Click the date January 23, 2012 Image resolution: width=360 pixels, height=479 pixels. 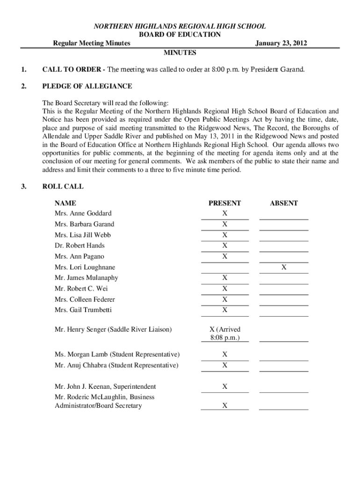coord(281,44)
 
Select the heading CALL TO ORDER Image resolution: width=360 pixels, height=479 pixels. coord(70,70)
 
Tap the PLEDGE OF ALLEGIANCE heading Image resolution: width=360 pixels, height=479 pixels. coord(87,87)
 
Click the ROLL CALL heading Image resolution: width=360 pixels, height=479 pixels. coord(63,187)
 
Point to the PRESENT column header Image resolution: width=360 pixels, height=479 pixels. coord(224,203)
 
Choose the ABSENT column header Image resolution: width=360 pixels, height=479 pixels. coord(283,203)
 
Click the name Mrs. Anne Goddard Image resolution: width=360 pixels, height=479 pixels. coord(83,213)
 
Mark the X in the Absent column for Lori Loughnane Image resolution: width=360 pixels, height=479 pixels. coord(283,267)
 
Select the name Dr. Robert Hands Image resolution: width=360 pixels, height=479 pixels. coord(79,246)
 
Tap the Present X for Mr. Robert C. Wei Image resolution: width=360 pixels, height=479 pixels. coord(224,289)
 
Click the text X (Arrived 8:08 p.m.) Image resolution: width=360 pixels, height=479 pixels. coord(224,334)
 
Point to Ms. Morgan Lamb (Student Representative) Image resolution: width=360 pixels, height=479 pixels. coord(117,354)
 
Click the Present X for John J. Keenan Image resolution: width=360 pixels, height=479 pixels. coord(224,386)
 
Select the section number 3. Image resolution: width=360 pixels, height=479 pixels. coord(23,187)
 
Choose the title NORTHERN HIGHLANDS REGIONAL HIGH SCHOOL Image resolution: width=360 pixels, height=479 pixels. coord(180,27)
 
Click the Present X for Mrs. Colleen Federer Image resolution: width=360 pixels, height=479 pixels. coord(224,299)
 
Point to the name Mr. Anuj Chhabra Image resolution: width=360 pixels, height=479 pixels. coord(80,365)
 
